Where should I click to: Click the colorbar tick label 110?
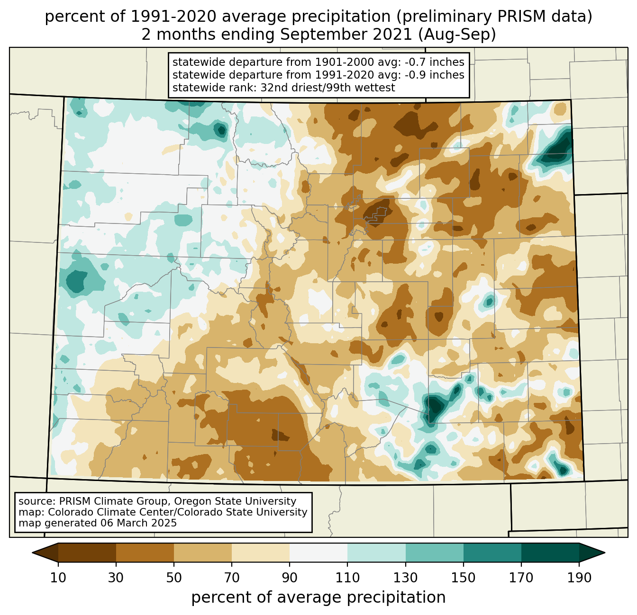[348, 578]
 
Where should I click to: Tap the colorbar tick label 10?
[58, 578]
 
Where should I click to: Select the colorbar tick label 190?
[579, 578]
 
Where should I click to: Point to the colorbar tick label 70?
[232, 578]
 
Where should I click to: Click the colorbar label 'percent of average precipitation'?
[318, 597]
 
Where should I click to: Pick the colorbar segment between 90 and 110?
[318, 553]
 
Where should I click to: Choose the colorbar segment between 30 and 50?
[145, 553]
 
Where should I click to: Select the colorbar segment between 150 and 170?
[492, 553]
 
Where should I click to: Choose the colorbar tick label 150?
[464, 578]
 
